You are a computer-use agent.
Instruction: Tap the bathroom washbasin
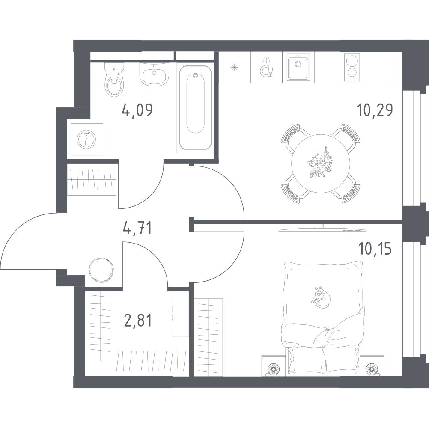[154, 73]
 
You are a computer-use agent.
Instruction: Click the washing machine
[87, 139]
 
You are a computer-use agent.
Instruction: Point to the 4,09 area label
[137, 110]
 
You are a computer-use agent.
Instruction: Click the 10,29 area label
[375, 110]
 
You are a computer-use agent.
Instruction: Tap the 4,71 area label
[137, 228]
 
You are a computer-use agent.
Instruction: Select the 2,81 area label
[137, 321]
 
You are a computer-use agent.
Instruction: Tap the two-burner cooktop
[352, 68]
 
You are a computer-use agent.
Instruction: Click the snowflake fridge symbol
[235, 68]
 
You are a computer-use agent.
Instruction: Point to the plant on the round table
[319, 162]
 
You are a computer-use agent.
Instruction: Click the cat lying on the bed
[321, 297]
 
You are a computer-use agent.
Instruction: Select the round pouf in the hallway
[101, 270]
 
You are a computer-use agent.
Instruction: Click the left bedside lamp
[273, 369]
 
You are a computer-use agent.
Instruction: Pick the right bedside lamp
[372, 369]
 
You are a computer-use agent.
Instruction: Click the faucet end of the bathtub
[195, 76]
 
